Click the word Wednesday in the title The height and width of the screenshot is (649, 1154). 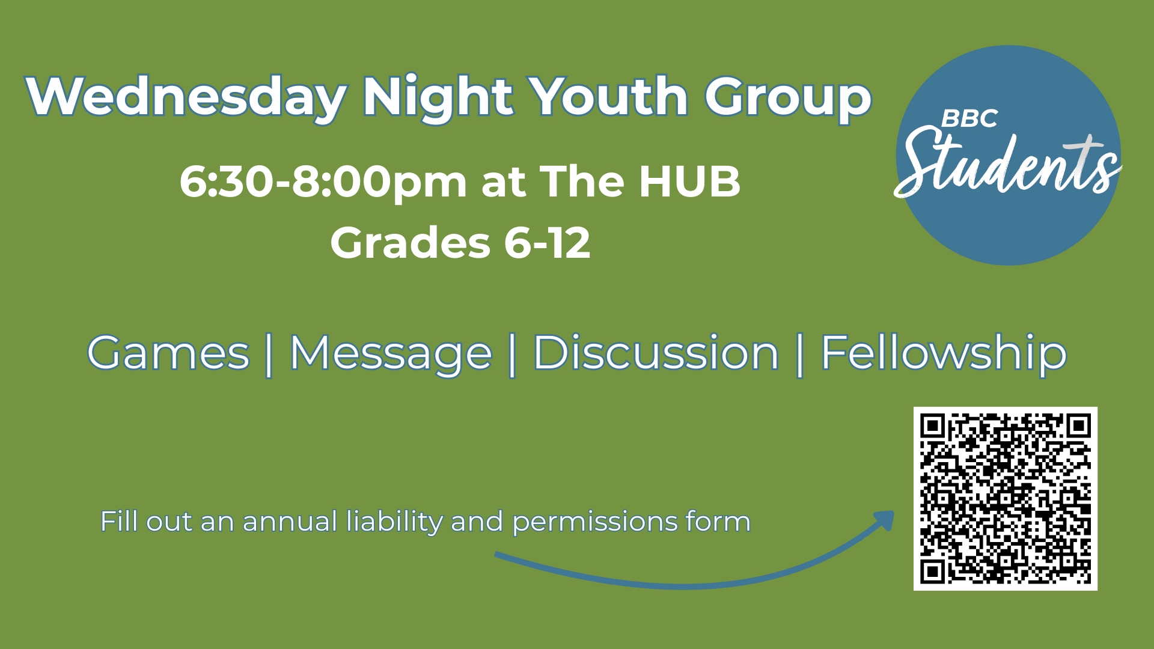186,97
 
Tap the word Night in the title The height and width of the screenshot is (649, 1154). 438,97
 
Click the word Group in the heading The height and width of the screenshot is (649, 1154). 788,97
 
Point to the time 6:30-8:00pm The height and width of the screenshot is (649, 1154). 323,181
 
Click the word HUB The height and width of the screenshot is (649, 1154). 689,181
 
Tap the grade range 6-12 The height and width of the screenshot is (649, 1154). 547,243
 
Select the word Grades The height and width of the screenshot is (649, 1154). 410,243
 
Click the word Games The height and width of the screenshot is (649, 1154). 168,353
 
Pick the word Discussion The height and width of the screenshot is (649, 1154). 656,353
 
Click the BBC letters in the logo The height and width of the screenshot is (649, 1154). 969,118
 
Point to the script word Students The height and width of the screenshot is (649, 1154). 1007,163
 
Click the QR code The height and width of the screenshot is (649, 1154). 1006,499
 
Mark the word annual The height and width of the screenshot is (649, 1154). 290,521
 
